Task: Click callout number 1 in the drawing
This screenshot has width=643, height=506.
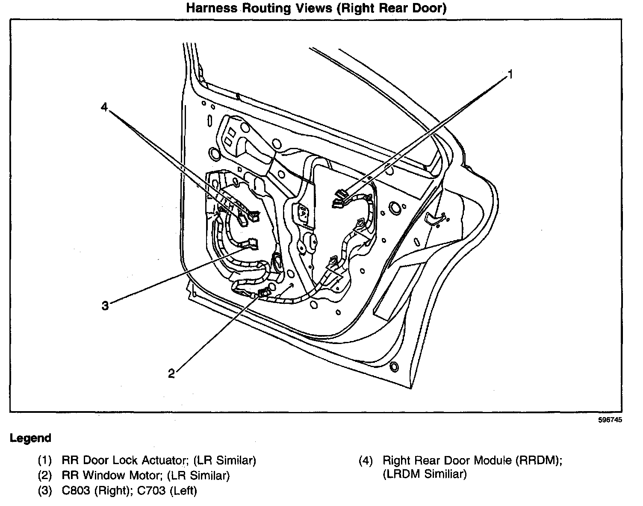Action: click(509, 75)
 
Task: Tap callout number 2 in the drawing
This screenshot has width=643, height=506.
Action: click(171, 374)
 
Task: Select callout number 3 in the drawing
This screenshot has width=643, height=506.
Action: click(105, 306)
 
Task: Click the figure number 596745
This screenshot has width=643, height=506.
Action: click(610, 420)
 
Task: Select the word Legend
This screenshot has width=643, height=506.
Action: click(30, 438)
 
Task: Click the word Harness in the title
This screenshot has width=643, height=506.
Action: click(211, 9)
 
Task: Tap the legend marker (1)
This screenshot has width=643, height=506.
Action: click(44, 460)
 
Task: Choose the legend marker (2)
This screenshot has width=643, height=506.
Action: click(44, 475)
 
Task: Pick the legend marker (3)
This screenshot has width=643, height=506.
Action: click(44, 491)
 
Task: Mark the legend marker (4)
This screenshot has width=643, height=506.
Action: click(366, 460)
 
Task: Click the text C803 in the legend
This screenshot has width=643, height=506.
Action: click(76, 491)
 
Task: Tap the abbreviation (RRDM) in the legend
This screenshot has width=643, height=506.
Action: click(539, 460)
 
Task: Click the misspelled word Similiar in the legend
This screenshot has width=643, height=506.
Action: click(447, 474)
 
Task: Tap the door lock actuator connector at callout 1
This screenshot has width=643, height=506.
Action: click(341, 198)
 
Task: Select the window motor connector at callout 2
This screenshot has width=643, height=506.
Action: click(263, 292)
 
